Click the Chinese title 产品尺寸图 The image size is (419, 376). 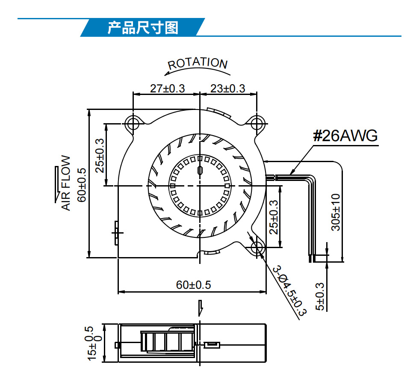point(143,27)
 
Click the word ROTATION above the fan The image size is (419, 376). point(198,63)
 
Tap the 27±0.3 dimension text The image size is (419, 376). point(167,89)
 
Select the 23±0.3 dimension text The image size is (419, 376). point(227,89)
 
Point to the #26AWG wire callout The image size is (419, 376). point(345,136)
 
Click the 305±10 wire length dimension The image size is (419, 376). point(336,212)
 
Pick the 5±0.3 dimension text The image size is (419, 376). point(320,296)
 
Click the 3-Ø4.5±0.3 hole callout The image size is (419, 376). point(290,291)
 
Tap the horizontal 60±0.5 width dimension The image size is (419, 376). point(193,285)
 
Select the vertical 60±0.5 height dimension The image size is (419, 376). point(82,185)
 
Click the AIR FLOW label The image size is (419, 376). point(66,183)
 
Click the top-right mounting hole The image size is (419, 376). point(257,124)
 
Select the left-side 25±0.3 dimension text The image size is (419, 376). point(100,155)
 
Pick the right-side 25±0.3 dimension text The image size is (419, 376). point(274,217)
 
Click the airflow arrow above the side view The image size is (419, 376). point(201,308)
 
